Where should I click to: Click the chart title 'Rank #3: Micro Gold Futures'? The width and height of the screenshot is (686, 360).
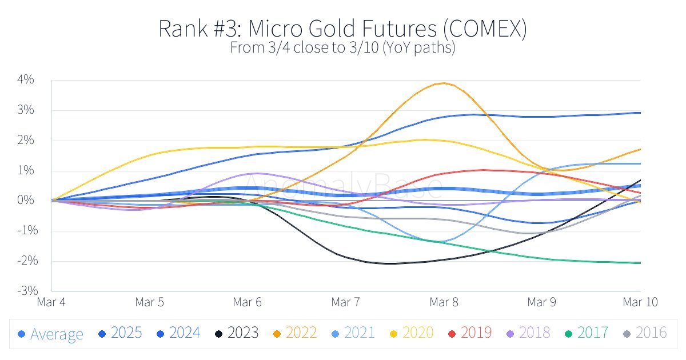342,29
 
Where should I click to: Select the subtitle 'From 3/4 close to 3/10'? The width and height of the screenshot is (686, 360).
342,48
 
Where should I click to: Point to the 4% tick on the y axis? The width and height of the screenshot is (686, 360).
26,80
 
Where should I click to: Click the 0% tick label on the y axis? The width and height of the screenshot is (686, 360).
26,201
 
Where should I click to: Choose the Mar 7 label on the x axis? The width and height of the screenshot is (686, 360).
346,302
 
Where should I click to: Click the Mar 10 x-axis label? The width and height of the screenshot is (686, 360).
640,302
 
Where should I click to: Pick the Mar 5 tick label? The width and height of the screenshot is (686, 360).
150,302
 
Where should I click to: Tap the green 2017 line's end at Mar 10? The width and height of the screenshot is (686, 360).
640,263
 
